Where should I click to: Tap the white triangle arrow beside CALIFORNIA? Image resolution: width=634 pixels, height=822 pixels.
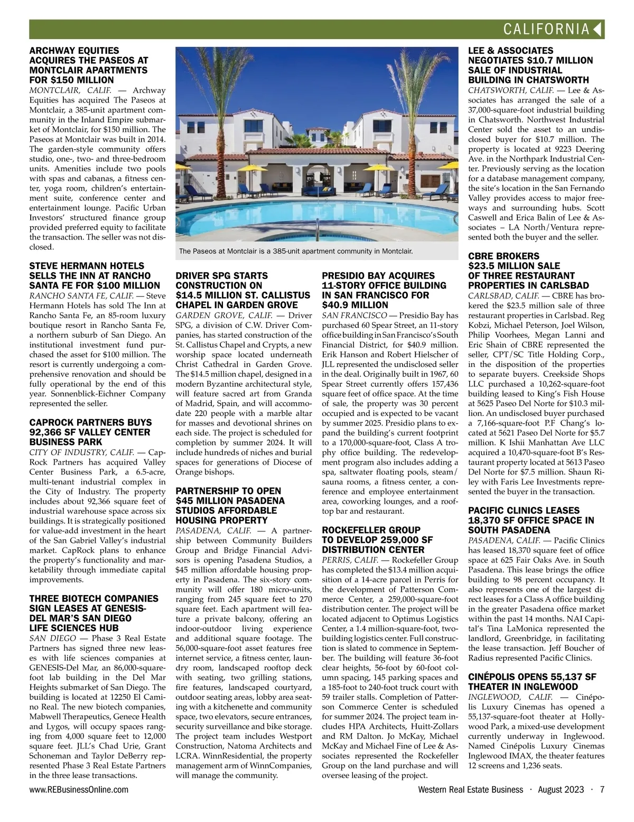598,29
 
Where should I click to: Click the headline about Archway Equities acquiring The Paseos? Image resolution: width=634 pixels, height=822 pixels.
89,66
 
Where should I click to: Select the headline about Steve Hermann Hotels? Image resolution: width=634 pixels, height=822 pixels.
90,276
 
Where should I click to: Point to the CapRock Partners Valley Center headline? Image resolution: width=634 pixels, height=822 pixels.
90,432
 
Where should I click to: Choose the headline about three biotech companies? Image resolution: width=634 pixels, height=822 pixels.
94,613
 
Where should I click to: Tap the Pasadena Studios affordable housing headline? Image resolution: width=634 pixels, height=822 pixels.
229,505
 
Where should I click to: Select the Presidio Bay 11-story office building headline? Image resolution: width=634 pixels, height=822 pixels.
378,290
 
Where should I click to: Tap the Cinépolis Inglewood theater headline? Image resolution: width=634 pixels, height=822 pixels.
532,682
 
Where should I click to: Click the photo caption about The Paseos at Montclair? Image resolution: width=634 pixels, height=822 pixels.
295,252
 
